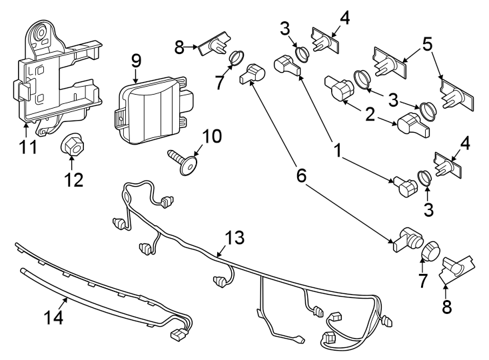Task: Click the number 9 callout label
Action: [136, 60]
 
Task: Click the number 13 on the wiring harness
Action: [235, 238]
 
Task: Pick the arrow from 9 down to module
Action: [136, 75]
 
